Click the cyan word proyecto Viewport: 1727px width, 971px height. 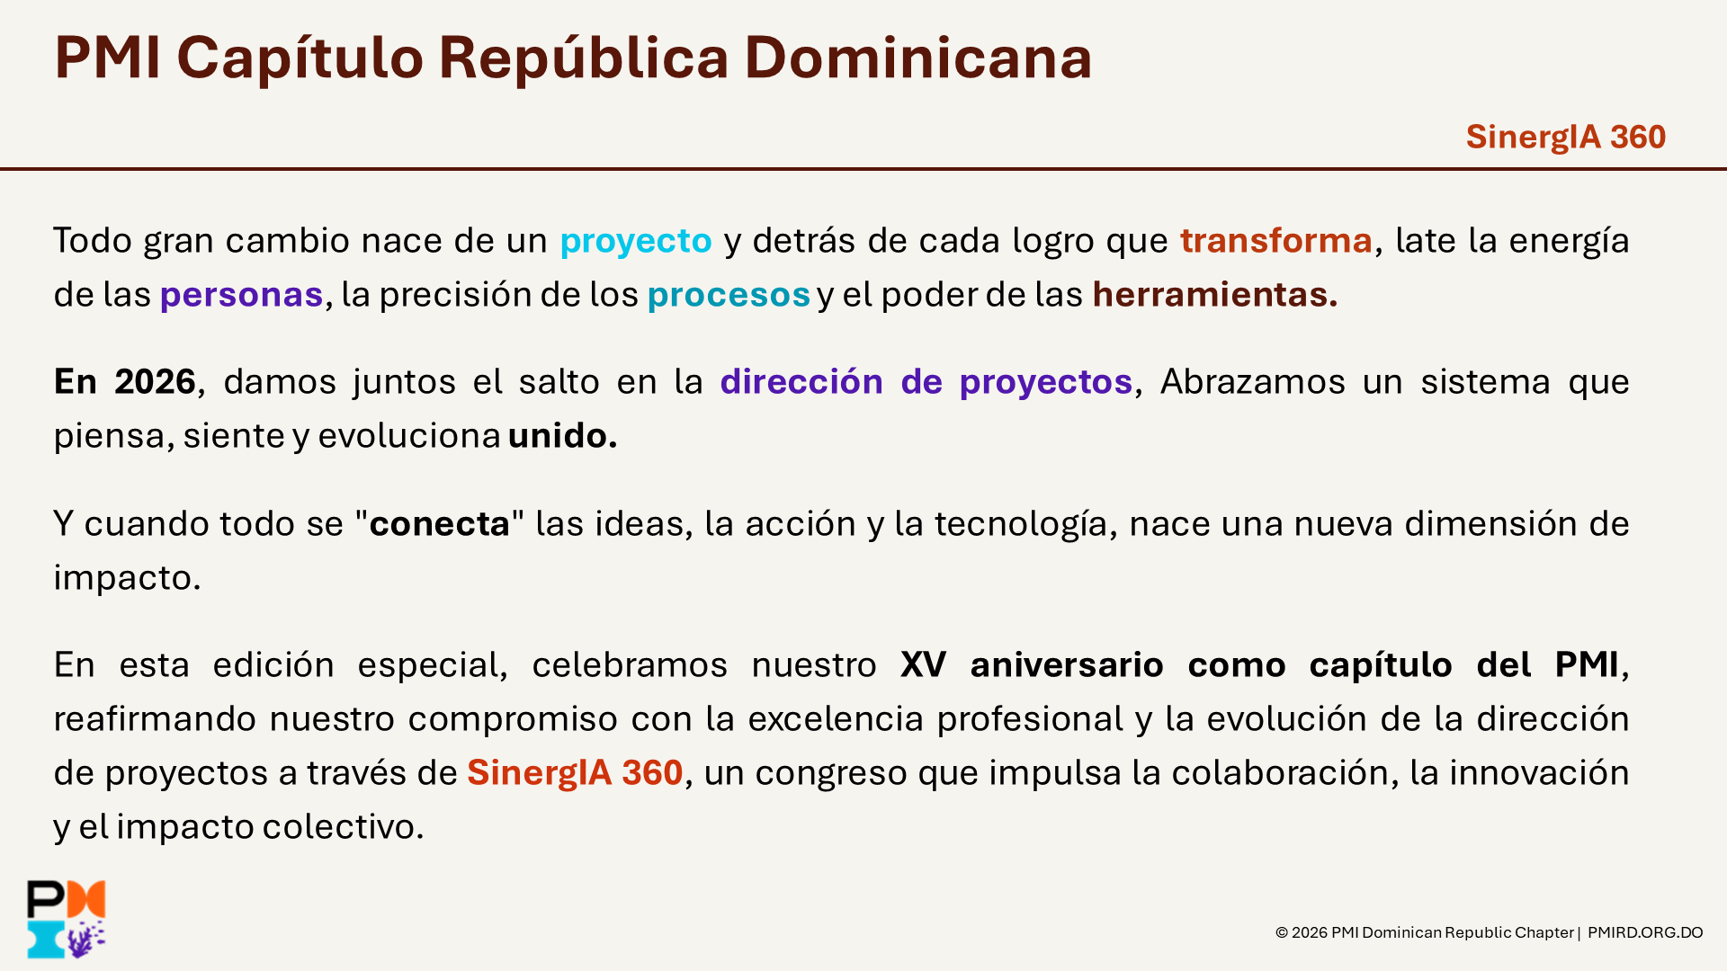point(636,242)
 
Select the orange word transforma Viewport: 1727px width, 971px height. point(1276,240)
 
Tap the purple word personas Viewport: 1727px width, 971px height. point(241,296)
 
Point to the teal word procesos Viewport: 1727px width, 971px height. point(729,296)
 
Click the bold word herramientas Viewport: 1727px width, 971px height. point(1215,294)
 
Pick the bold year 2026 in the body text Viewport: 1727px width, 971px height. point(155,382)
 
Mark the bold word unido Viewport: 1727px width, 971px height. point(562,435)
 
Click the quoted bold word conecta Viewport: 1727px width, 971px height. point(440,524)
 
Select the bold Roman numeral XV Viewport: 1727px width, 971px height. point(923,665)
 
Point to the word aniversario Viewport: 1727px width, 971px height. point(1067,665)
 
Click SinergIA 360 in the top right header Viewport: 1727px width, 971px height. point(1566,138)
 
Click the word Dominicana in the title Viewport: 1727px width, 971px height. point(918,58)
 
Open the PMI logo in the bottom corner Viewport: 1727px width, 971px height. point(67,919)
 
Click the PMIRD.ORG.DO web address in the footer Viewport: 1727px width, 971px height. point(1645,932)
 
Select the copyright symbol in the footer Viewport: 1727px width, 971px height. point(1282,932)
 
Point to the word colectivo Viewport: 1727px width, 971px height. point(343,827)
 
